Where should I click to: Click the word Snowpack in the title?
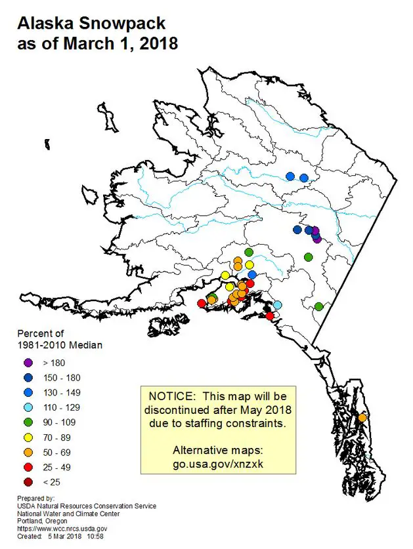point(122,24)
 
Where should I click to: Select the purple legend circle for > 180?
point(28,363)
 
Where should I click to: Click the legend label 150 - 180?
point(62,378)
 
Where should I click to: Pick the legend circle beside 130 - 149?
point(28,392)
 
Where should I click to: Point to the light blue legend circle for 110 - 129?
point(28,407)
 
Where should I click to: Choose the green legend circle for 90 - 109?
point(28,422)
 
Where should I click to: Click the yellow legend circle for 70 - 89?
point(28,437)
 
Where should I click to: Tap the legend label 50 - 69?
point(57,453)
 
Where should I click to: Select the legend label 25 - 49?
point(57,468)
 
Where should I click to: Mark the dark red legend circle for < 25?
point(28,483)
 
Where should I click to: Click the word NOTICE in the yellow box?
point(171,396)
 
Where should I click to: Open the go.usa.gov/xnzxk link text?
point(218,464)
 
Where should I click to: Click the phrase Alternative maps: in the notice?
point(218,450)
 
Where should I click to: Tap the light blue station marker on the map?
point(277,304)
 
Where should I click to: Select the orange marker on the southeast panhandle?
point(362,418)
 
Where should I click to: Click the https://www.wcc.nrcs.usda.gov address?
point(62,529)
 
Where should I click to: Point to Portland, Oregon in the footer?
point(42,521)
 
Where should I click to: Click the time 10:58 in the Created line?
point(95,537)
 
